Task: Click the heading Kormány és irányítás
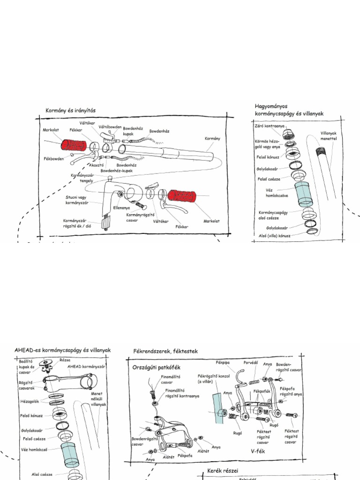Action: pyautogui.click(x=70, y=111)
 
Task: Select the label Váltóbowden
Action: pyautogui.click(x=110, y=127)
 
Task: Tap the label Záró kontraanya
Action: pyautogui.click(x=270, y=126)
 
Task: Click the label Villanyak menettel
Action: pyautogui.click(x=329, y=135)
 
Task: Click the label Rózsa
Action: pyautogui.click(x=65, y=360)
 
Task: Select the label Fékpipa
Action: pyautogui.click(x=222, y=362)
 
